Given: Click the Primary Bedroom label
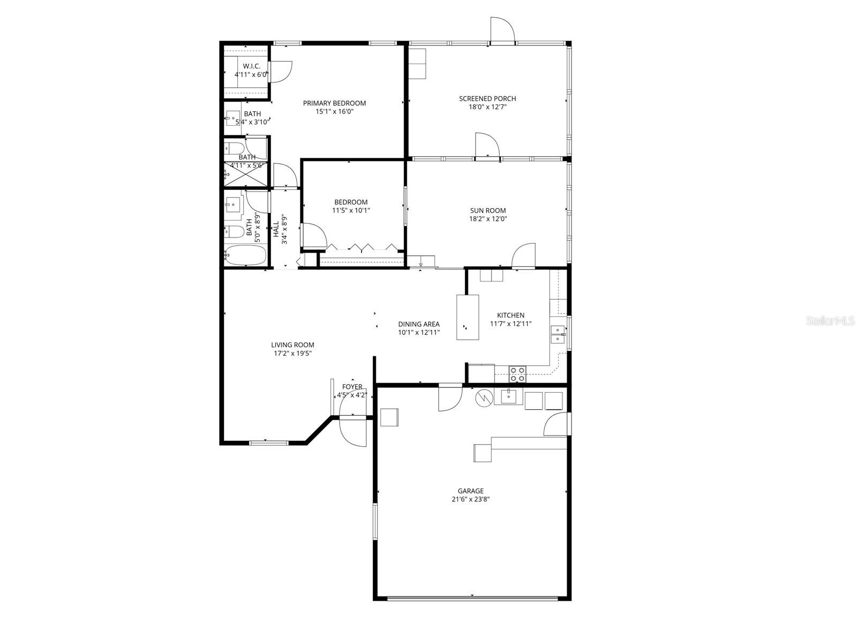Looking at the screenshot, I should click(334, 103).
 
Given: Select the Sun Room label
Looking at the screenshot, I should click(488, 211).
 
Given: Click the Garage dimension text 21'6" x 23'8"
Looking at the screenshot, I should click(470, 499).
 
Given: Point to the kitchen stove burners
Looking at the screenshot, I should click(517, 374).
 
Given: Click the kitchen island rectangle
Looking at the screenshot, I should click(468, 317).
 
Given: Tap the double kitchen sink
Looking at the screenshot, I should click(558, 334).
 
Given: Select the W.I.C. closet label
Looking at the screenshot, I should click(251, 66).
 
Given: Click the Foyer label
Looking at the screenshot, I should click(352, 387).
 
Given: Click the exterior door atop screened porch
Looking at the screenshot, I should click(502, 29).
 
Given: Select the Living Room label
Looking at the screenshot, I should click(292, 345).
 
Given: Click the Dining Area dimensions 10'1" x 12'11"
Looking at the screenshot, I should click(419, 332).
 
